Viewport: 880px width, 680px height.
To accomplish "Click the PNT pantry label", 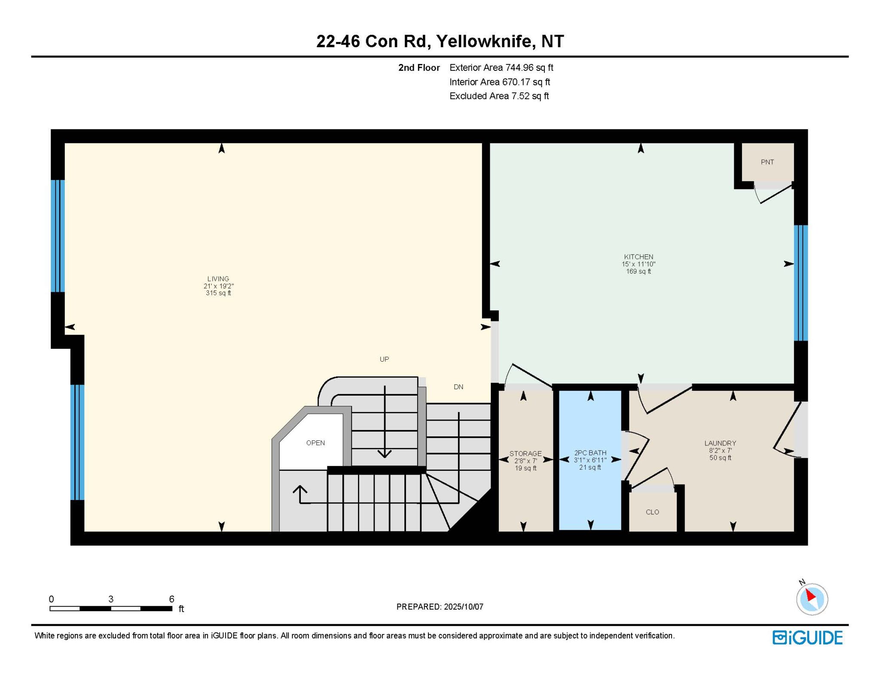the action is tap(767, 162).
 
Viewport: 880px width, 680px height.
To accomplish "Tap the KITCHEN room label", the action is tap(639, 257).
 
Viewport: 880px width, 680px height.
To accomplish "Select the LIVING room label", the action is tap(218, 279).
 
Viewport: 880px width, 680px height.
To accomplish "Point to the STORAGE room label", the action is tap(526, 454).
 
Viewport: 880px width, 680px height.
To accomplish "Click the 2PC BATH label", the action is tap(590, 453).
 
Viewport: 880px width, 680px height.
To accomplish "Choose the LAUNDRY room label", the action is tap(720, 443).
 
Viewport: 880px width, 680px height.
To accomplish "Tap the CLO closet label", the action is tap(652, 512).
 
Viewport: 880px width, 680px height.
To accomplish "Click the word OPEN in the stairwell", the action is tap(315, 443).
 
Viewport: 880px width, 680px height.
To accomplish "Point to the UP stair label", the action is tap(384, 359).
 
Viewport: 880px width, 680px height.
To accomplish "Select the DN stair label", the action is tap(458, 387).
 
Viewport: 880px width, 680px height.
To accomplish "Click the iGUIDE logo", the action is tap(807, 637).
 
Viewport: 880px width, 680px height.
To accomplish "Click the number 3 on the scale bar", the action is tap(111, 599).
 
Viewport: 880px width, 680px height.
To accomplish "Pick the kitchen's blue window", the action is tap(801, 283).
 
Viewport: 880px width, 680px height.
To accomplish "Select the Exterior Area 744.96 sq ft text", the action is tap(501, 67).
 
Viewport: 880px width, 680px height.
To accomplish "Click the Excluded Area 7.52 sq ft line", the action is tap(499, 96).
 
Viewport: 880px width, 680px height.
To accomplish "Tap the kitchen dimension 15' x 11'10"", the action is tap(639, 264).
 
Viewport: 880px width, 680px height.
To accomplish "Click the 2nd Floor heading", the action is tap(419, 67).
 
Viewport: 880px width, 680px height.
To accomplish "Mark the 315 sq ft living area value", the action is tap(218, 293).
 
